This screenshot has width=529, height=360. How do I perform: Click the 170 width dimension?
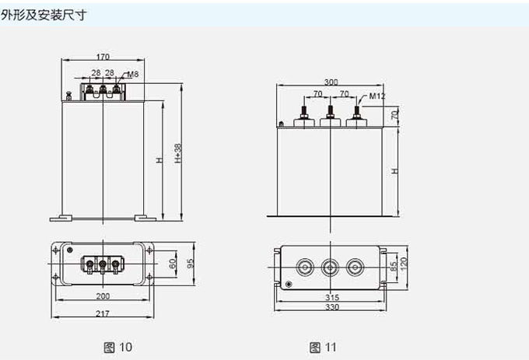click(103, 56)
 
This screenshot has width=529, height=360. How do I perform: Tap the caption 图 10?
click(118, 346)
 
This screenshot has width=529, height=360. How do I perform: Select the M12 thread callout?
click(377, 96)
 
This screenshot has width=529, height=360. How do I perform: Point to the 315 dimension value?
click(332, 298)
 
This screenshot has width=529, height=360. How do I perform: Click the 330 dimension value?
click(332, 308)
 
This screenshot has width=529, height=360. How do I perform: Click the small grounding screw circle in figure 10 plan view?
click(70, 250)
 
